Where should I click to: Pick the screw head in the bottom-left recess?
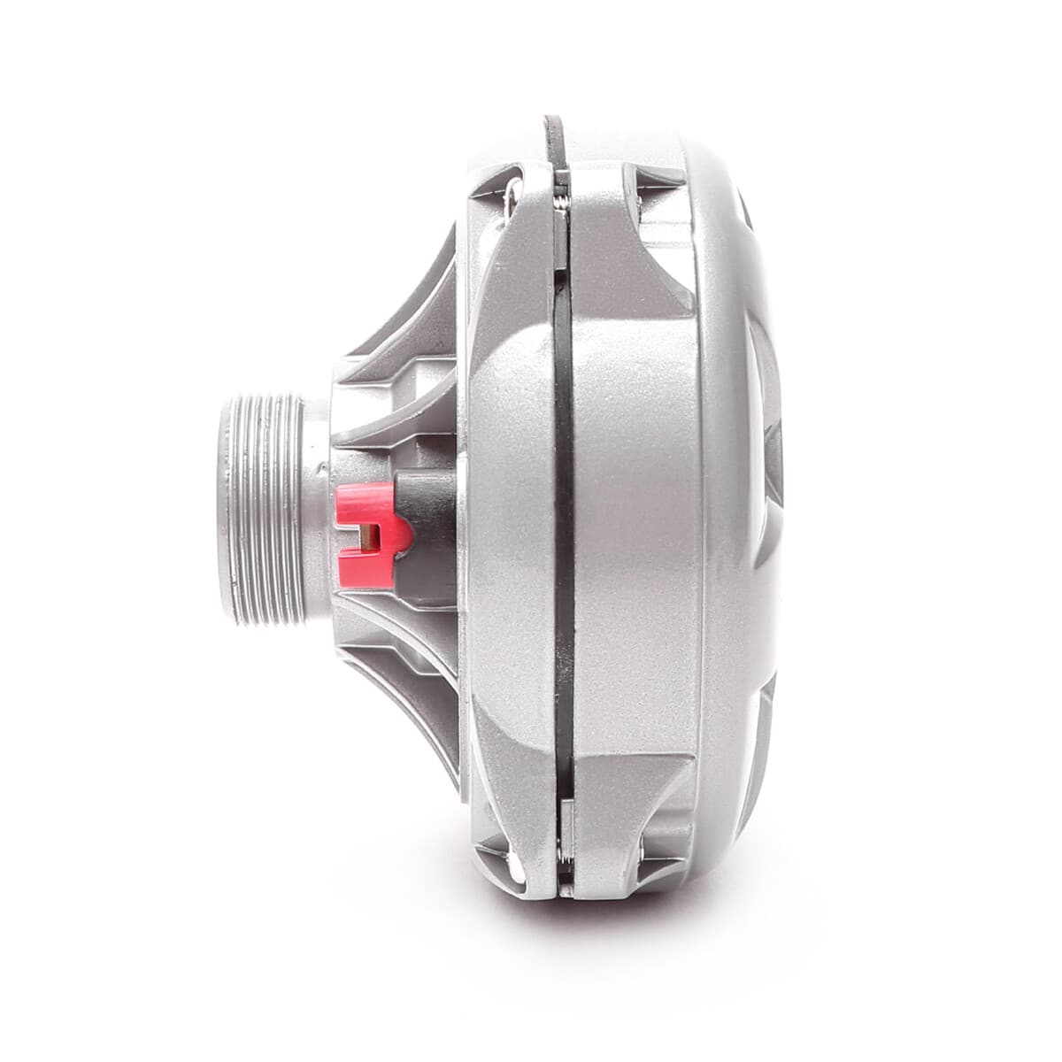[x=511, y=855]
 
